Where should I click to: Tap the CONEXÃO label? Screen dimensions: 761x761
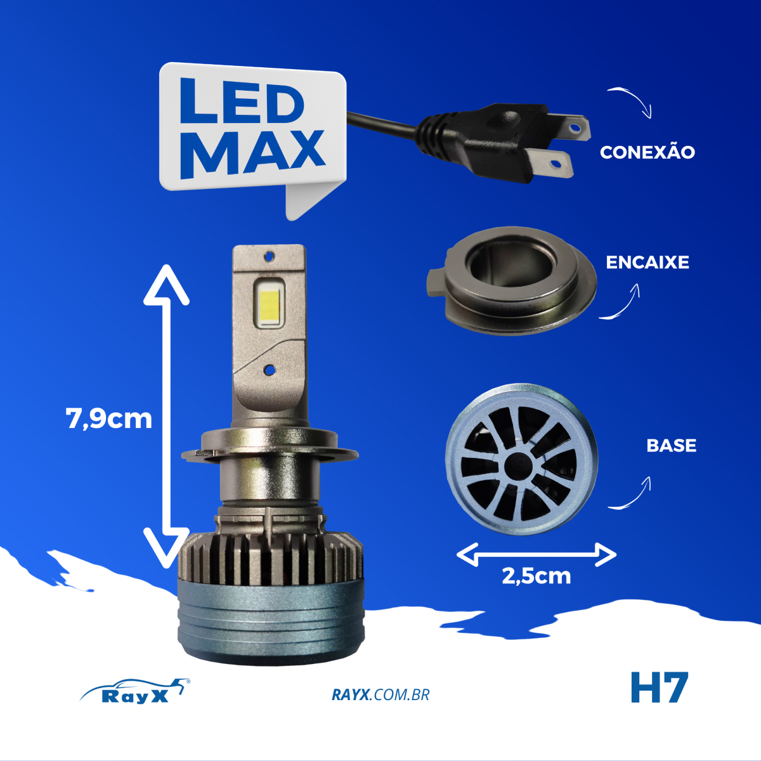coord(647,152)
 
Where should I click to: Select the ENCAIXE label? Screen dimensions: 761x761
coord(647,262)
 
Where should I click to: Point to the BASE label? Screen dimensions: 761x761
coord(671,445)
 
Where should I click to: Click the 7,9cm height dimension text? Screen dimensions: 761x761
coord(109,419)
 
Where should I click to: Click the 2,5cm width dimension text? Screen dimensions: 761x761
coord(536,576)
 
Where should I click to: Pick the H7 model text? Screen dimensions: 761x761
coord(659,688)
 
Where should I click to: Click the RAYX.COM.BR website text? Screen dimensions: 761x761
coord(380,695)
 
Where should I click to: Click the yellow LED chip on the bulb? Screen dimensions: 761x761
coord(269,304)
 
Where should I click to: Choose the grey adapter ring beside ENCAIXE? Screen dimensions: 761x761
coord(511,282)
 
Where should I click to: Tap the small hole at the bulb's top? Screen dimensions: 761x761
coord(270,257)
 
